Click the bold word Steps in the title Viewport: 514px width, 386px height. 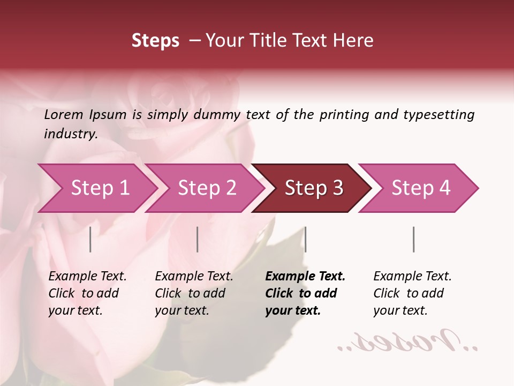[155, 41]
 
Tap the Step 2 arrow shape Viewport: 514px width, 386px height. [207, 188]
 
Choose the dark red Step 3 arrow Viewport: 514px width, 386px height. [314, 188]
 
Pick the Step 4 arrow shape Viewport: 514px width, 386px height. [421, 188]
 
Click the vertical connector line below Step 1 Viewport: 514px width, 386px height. [90, 239]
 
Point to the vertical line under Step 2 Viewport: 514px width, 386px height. [198, 239]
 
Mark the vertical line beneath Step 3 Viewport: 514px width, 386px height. [305, 239]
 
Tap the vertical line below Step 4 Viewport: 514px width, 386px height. [413, 239]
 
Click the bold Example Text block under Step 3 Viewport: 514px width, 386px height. [305, 293]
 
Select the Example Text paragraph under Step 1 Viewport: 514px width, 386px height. [87, 293]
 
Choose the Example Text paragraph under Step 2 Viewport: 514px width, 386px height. [194, 293]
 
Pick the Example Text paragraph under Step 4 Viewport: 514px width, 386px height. [412, 293]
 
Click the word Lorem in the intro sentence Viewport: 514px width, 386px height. [64, 114]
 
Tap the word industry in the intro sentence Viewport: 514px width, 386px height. [71, 133]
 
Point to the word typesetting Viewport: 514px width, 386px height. [439, 114]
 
